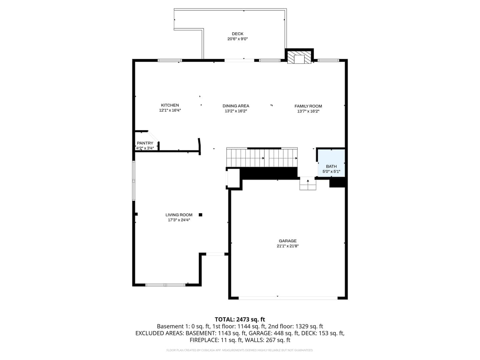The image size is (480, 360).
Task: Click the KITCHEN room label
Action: tap(170, 105)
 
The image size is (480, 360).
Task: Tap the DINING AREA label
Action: tap(236, 106)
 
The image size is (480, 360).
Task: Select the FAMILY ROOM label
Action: tap(308, 106)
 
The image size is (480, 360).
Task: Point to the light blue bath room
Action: tap(331, 163)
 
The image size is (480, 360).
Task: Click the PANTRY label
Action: tap(145, 143)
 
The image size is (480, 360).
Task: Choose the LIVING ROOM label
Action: tap(179, 215)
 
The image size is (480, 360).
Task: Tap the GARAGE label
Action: tap(287, 241)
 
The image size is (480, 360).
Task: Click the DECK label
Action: tap(237, 34)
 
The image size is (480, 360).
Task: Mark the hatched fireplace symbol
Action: tap(299, 57)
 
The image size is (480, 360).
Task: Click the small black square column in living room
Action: tap(200, 215)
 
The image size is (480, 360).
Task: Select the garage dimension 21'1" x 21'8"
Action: tap(287, 246)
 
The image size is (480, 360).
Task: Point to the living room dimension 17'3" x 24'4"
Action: tap(179, 220)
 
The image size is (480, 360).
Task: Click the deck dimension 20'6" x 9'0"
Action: tap(237, 39)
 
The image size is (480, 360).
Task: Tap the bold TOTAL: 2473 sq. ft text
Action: tap(240, 319)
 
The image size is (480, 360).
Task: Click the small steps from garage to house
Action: tap(308, 183)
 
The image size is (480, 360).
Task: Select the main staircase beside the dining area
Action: tap(262, 157)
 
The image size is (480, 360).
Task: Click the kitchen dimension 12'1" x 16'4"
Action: tap(170, 110)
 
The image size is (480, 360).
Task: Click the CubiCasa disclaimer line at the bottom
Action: tap(240, 350)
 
